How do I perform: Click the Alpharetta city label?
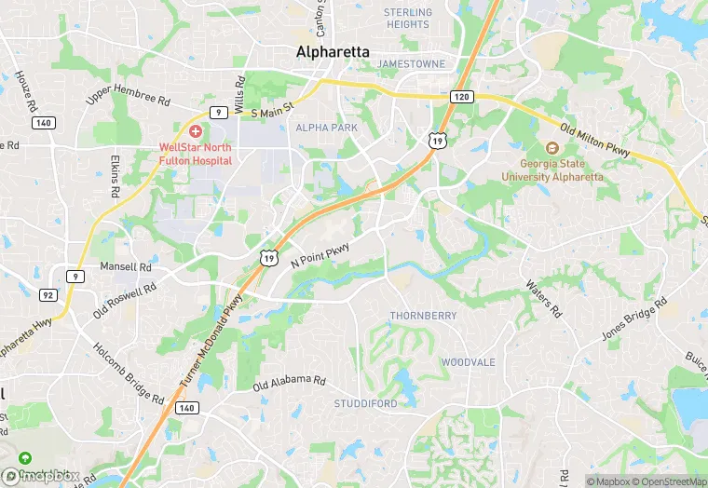333,52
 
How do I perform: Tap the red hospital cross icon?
196,132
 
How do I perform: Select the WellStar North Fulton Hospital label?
196,154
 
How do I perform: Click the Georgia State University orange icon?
551,148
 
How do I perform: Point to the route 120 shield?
460,96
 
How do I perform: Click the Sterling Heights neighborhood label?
408,19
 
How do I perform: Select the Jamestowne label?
411,63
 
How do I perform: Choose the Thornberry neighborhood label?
423,316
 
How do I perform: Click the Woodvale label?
468,361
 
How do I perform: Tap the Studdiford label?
365,403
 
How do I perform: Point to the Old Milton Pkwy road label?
596,140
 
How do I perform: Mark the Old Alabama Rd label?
290,382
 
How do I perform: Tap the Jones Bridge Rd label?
634,319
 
